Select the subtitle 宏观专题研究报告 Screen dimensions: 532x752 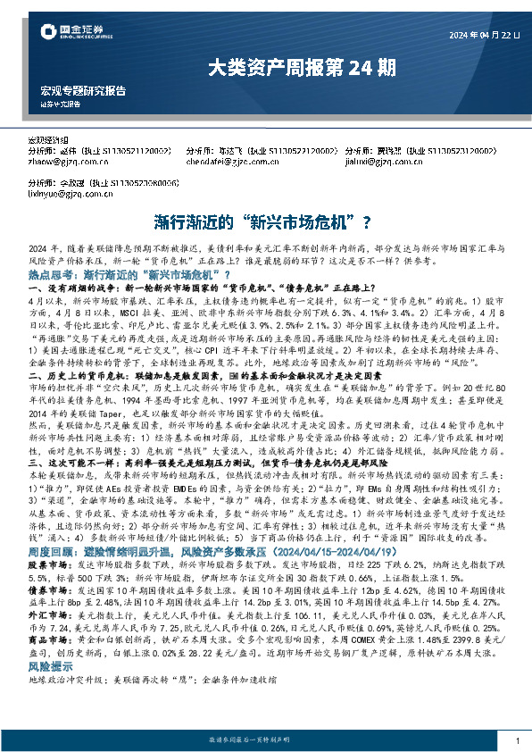(x=83, y=91)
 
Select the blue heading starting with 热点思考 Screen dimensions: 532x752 (x=129, y=274)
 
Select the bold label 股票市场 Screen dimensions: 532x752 (x=45, y=541)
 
